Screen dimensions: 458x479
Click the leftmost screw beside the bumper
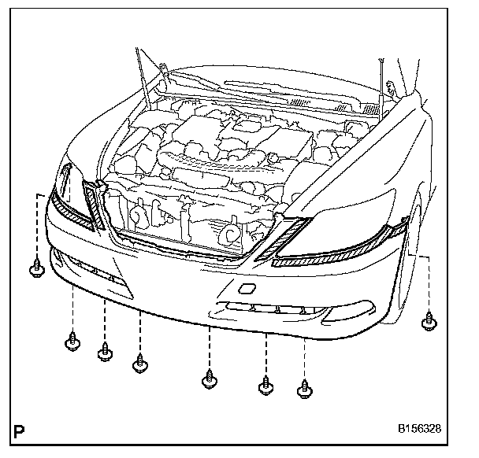point(35,270)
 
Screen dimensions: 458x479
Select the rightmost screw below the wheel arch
point(429,320)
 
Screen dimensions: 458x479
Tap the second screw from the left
point(72,342)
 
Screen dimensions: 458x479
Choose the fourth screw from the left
point(141,364)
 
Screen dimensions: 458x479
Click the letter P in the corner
point(20,431)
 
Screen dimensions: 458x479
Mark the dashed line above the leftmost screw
point(36,224)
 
